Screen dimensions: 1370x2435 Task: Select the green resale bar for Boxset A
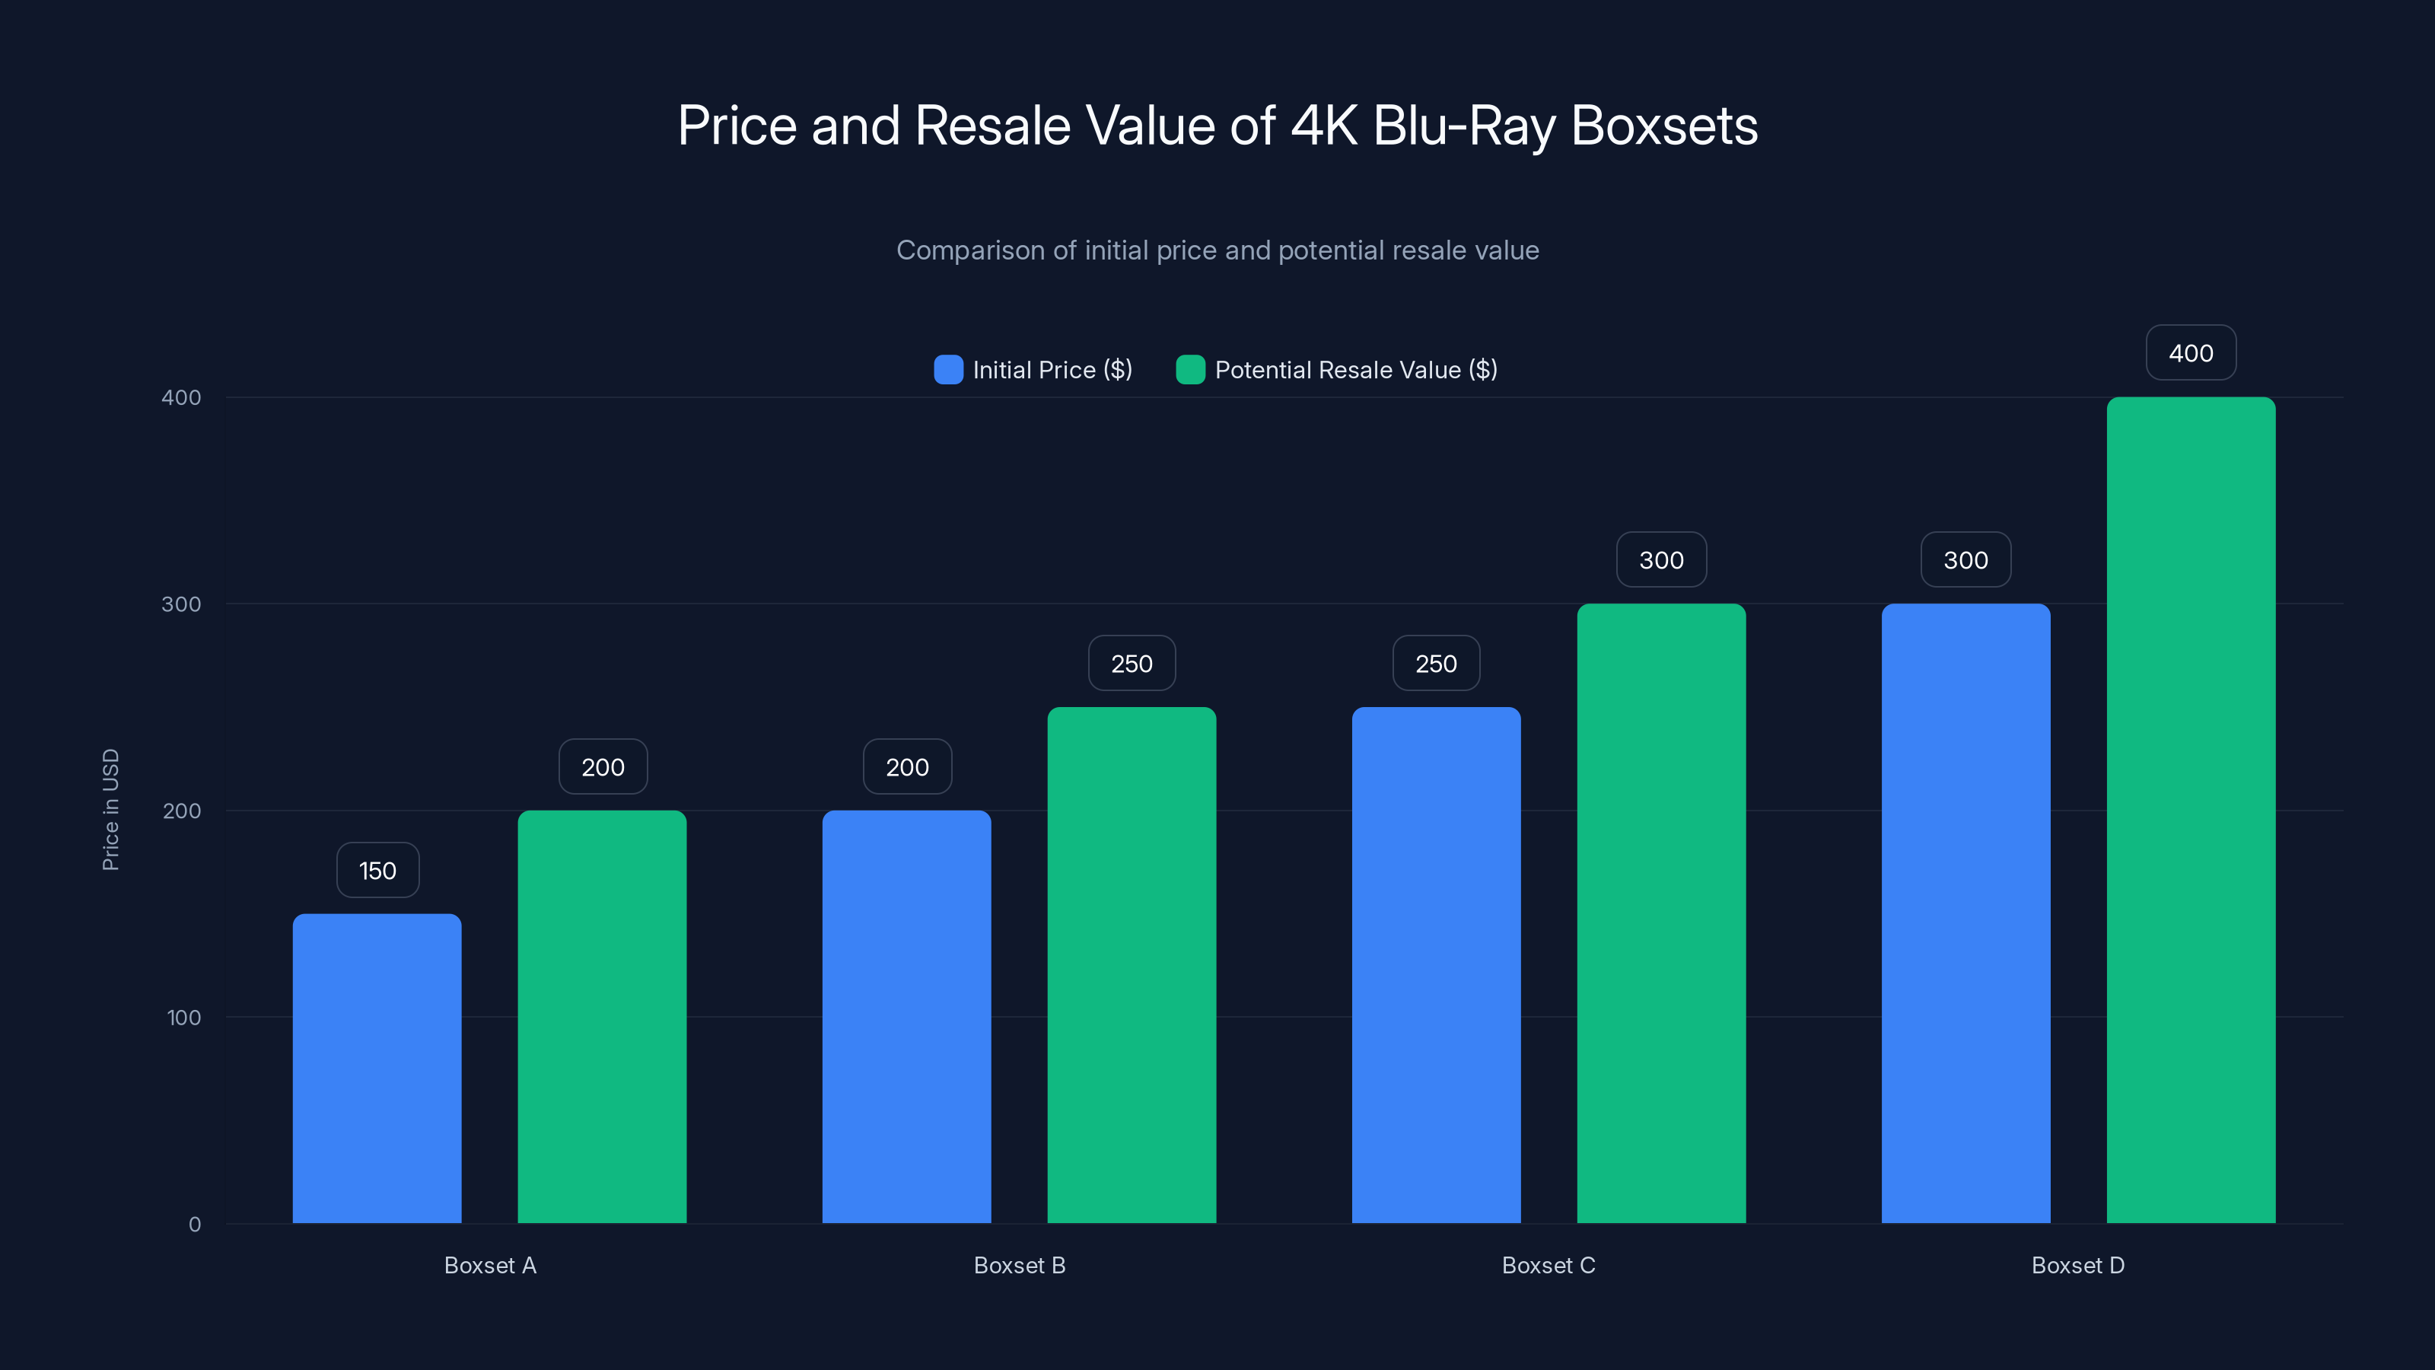602,1016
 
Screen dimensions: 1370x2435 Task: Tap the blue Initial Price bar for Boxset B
906,1016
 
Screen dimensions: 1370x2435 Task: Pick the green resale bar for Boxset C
1661,913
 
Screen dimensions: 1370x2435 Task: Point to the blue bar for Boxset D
1966,913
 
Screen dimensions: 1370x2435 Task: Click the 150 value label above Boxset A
377,871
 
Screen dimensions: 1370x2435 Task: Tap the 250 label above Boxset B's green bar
1132,664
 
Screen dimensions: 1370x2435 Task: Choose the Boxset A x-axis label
489,1265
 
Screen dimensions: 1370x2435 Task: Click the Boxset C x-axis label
1549,1265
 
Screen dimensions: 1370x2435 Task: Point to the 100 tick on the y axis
183,1018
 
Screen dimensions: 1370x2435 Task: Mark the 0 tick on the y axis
195,1225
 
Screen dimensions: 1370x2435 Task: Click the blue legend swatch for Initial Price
948,370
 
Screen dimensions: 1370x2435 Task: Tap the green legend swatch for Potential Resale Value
1190,370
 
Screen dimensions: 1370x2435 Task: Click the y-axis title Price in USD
110,809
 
